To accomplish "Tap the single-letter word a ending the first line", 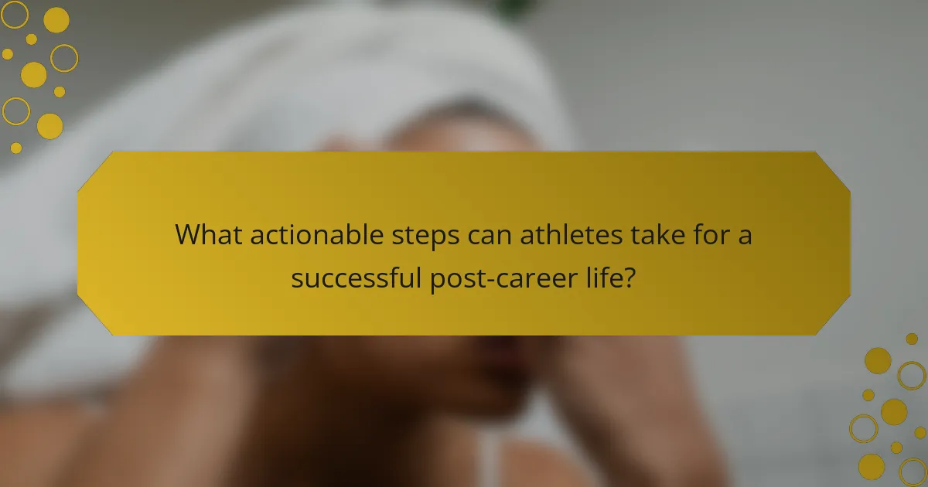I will pos(743,237).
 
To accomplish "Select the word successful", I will pos(357,277).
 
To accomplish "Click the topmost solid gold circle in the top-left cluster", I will pos(56,19).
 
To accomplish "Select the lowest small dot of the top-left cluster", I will pos(16,148).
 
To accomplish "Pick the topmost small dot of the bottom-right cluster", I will pos(912,339).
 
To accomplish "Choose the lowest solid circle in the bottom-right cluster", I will pos(872,466).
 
